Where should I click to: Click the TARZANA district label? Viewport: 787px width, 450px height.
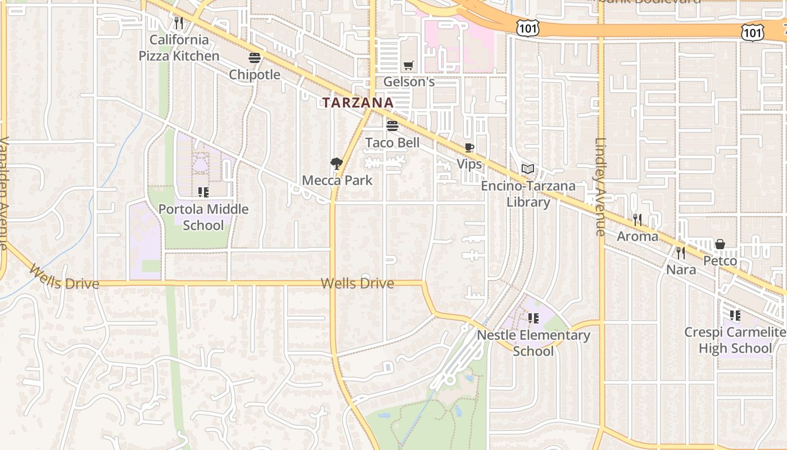click(358, 102)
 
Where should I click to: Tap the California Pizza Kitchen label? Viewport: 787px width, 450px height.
click(179, 48)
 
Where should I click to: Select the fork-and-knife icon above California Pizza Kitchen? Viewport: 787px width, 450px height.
click(179, 23)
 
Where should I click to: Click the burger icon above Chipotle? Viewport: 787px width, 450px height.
click(255, 58)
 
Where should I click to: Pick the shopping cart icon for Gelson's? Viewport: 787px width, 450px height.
click(409, 66)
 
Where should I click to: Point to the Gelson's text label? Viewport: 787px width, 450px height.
click(409, 82)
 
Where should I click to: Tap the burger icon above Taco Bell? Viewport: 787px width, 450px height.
click(392, 125)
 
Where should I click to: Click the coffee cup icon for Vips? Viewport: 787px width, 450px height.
click(469, 148)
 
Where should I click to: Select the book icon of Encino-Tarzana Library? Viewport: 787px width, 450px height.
click(527, 169)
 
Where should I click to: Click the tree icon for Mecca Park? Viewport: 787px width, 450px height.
click(337, 164)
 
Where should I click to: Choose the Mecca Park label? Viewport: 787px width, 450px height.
click(337, 181)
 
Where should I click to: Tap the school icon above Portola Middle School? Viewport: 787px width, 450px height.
click(203, 192)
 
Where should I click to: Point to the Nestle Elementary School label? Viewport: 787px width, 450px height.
click(533, 343)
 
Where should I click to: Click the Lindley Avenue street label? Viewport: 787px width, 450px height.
click(600, 187)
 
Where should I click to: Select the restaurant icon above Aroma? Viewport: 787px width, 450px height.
click(637, 219)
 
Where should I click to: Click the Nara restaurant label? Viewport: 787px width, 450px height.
click(681, 269)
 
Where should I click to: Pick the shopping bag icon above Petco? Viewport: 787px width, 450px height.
click(720, 244)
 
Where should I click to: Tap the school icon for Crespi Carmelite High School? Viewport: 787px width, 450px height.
click(735, 316)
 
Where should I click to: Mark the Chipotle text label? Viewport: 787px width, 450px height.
click(255, 74)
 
